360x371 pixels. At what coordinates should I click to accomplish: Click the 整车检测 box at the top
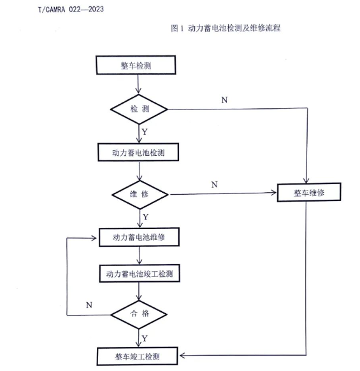(136, 65)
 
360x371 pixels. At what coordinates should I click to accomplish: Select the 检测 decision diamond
(139, 109)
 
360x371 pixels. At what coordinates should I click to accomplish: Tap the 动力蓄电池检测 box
(138, 152)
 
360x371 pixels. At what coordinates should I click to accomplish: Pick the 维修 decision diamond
(140, 195)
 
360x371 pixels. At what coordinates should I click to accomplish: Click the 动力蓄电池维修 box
(139, 237)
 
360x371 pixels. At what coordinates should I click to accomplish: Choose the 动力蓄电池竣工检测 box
(140, 274)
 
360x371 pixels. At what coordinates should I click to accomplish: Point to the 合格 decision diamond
(139, 314)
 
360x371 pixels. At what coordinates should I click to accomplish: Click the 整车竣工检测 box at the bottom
(138, 356)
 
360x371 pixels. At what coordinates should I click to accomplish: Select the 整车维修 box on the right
(309, 192)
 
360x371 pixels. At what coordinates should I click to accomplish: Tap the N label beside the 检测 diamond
(224, 100)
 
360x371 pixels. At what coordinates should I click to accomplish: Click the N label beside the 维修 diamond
(215, 185)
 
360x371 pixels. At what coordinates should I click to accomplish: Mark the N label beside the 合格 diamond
(89, 305)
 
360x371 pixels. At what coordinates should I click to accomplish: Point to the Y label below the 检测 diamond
(145, 132)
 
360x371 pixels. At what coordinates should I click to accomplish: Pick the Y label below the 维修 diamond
(146, 217)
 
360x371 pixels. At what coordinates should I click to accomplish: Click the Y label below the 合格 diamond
(145, 339)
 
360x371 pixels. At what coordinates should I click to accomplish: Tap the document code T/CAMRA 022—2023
(71, 10)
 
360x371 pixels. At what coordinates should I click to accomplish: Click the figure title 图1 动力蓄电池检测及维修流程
(226, 28)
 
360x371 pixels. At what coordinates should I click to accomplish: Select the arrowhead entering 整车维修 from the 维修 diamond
(274, 193)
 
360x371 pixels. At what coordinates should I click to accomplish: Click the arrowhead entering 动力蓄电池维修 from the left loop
(94, 238)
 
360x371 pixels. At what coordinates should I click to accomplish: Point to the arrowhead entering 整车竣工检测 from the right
(182, 355)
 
